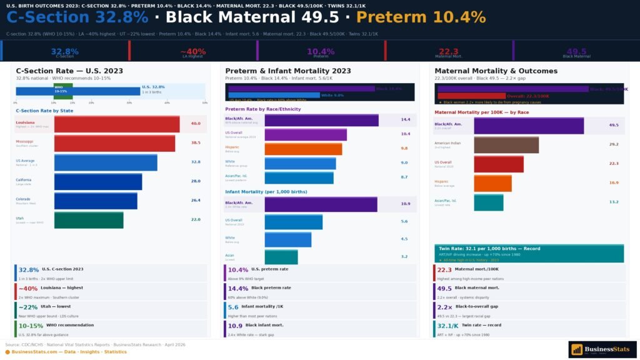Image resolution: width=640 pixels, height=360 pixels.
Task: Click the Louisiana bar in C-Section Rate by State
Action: [x=117, y=124]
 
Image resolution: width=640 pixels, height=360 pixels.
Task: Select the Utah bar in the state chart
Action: [x=89, y=220]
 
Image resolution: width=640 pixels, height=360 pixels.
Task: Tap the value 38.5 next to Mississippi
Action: [x=196, y=143]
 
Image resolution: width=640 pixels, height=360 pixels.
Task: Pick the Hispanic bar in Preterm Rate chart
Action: [x=303, y=149]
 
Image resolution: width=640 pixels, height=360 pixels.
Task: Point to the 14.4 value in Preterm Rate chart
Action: [x=405, y=119]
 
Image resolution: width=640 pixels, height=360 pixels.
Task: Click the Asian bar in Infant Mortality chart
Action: [x=281, y=256]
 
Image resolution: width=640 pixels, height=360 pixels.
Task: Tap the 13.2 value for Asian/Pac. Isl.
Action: [x=614, y=202]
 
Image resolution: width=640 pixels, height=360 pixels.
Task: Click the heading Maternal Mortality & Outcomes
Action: [x=496, y=71]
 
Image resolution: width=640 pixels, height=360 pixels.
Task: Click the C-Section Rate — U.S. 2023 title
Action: [x=69, y=71]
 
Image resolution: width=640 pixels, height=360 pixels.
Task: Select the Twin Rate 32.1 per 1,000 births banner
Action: [x=529, y=252]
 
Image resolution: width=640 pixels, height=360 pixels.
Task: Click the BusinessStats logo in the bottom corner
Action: [x=602, y=349]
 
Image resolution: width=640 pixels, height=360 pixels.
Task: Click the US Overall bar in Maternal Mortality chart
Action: [x=499, y=164]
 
